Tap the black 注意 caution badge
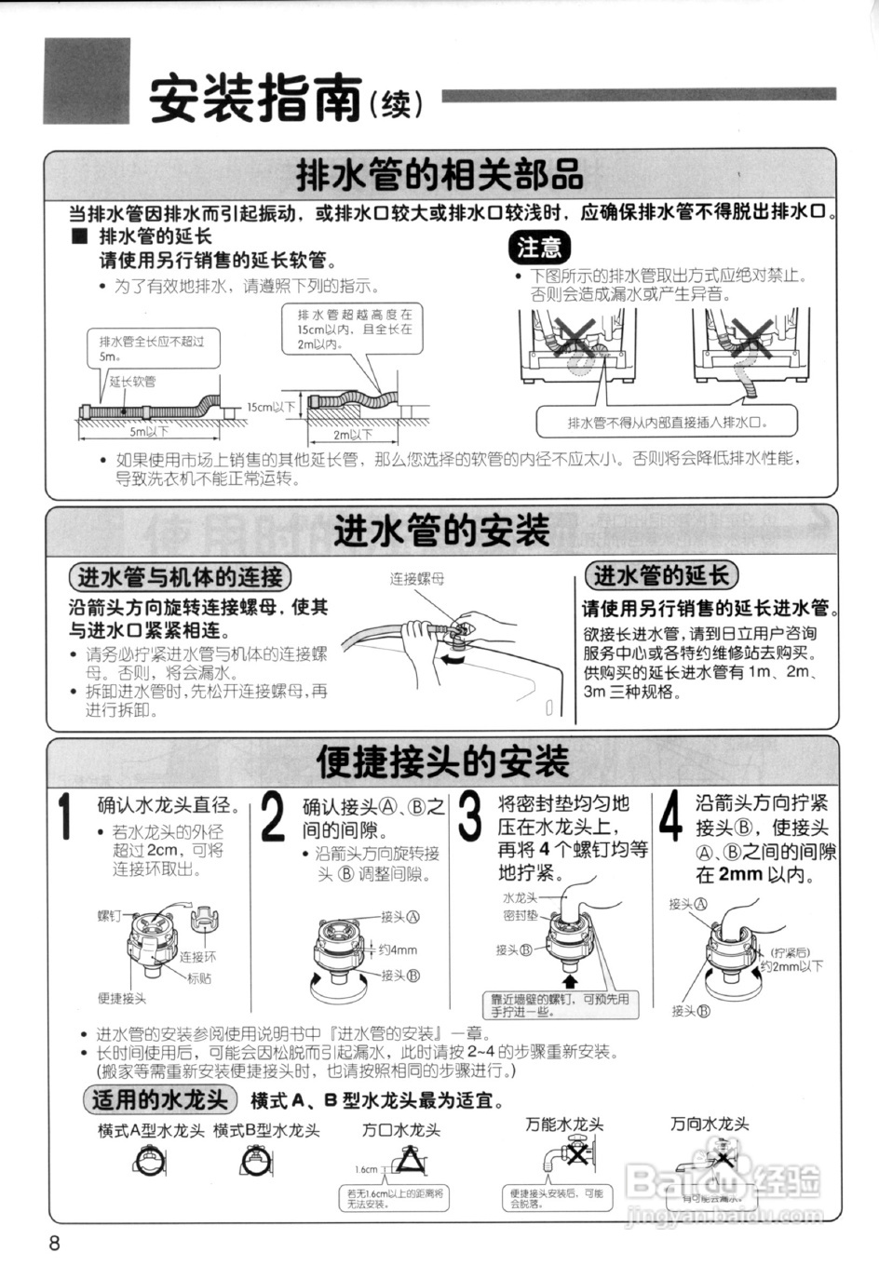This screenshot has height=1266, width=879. click(x=539, y=247)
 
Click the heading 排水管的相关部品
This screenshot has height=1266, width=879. click(x=439, y=173)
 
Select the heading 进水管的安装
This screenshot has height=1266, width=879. click(x=441, y=531)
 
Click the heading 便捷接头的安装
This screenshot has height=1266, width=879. click(x=442, y=761)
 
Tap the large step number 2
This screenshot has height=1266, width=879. click(x=272, y=817)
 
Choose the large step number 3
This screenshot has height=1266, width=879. click(x=471, y=815)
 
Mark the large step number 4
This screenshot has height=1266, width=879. click(x=670, y=817)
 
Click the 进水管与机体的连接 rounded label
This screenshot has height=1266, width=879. click(x=180, y=577)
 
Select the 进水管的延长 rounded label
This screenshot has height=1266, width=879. click(x=661, y=575)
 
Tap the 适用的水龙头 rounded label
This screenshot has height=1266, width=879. click(x=159, y=1099)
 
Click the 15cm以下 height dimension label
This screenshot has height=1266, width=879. click(x=271, y=407)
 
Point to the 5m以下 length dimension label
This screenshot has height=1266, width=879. click(x=149, y=432)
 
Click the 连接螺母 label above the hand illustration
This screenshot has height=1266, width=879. click(x=416, y=578)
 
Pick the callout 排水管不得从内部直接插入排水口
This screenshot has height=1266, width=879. click(x=668, y=422)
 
